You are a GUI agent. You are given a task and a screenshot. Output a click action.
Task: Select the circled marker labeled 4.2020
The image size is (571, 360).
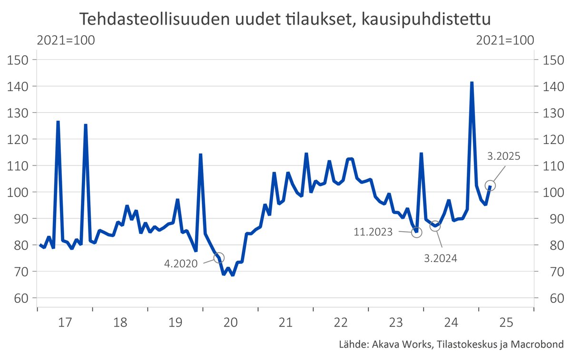click(219, 258)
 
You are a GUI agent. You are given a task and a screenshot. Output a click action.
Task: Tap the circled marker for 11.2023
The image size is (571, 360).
click(417, 233)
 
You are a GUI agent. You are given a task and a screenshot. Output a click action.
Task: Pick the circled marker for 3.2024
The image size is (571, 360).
click(435, 226)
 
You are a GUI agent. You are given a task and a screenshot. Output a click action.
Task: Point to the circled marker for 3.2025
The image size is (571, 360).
click(490, 185)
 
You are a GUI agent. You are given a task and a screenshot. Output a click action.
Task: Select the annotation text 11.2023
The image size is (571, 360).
click(374, 232)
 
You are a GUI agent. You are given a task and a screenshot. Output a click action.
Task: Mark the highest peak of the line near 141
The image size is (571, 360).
click(472, 82)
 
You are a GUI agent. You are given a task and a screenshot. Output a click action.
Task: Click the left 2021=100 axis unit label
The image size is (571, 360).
click(66, 40)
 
